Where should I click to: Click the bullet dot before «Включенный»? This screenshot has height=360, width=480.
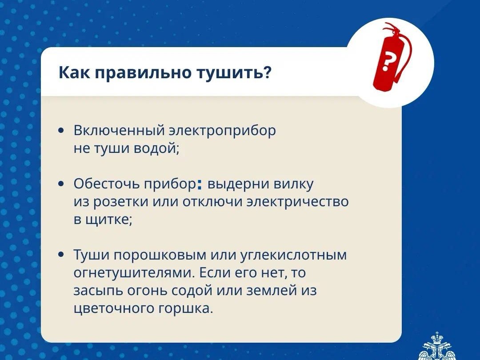pyautogui.click(x=61, y=130)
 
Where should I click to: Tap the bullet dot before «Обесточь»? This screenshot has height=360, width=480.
pyautogui.click(x=61, y=184)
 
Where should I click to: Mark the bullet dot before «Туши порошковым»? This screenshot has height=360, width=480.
pyautogui.click(x=61, y=254)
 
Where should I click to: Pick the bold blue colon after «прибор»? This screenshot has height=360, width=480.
pyautogui.click(x=200, y=184)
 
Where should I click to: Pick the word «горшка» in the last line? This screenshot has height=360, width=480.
pyautogui.click(x=184, y=308)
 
